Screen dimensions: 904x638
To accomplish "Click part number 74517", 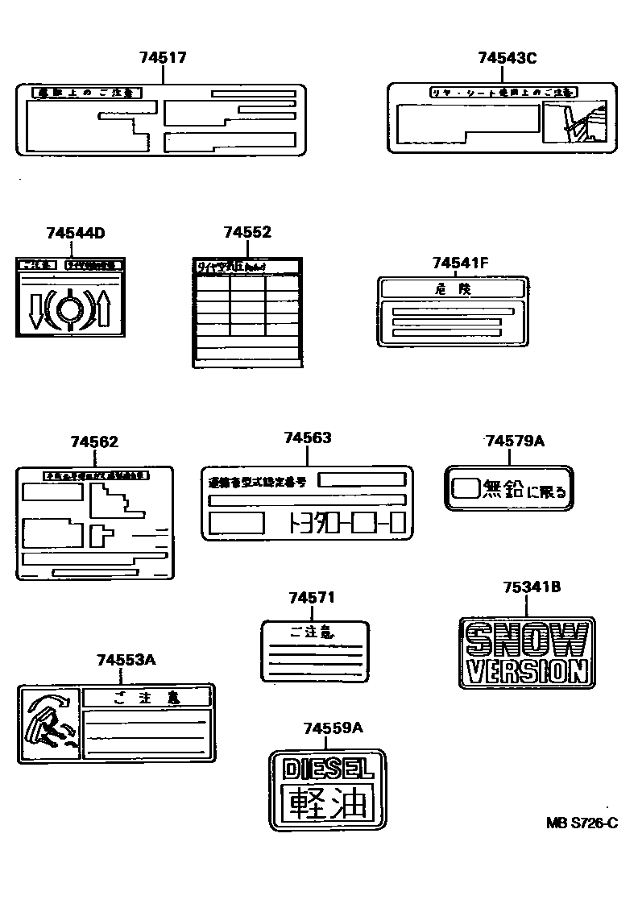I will click(163, 57).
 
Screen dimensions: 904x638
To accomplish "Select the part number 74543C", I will click(507, 57).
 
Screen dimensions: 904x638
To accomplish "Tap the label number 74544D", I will click(76, 234).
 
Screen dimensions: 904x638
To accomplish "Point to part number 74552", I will click(247, 232).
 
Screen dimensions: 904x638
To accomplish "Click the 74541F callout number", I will click(461, 262).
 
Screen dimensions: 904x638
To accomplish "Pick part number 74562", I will click(94, 442).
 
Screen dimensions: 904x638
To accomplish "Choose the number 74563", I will click(307, 437).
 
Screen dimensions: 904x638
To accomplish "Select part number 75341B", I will click(532, 587).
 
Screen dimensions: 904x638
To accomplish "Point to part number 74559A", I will click(333, 728).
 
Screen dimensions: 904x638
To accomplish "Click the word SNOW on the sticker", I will click(527, 641).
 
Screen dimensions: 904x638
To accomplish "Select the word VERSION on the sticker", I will click(527, 670).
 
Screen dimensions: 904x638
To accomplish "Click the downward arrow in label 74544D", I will click(35, 312).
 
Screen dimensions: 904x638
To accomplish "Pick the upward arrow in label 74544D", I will click(103, 312).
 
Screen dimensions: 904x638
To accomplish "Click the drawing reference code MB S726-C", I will click(582, 823).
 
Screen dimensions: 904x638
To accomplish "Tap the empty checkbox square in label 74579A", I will click(466, 487).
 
